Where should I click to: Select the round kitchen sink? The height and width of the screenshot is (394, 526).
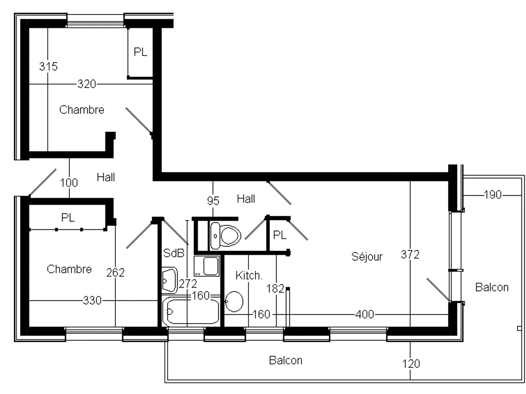click(x=235, y=302)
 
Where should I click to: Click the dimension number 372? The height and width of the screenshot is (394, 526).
click(x=410, y=255)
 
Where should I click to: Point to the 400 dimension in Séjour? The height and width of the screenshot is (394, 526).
click(x=365, y=314)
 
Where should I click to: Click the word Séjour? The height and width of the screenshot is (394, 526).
click(x=367, y=257)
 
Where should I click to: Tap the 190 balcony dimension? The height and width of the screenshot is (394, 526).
click(x=492, y=195)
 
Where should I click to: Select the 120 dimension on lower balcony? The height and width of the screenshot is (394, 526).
click(x=410, y=363)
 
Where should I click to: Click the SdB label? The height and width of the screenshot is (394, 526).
click(x=173, y=253)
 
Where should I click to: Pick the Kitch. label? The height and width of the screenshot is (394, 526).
click(x=249, y=276)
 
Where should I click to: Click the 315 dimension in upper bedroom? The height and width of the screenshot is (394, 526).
click(x=48, y=67)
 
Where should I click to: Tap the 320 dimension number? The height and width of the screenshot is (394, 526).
click(x=86, y=84)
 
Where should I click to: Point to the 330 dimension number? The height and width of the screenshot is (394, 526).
click(x=92, y=301)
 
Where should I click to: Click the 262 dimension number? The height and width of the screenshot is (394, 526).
click(x=115, y=273)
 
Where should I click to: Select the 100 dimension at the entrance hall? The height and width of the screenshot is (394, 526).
click(x=69, y=183)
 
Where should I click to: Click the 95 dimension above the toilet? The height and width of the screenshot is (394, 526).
click(x=213, y=201)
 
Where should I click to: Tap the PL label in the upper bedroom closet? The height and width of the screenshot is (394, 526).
click(x=140, y=52)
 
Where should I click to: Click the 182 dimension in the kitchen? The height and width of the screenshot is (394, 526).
click(x=276, y=288)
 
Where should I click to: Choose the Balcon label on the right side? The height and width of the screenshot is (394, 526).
click(x=492, y=288)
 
